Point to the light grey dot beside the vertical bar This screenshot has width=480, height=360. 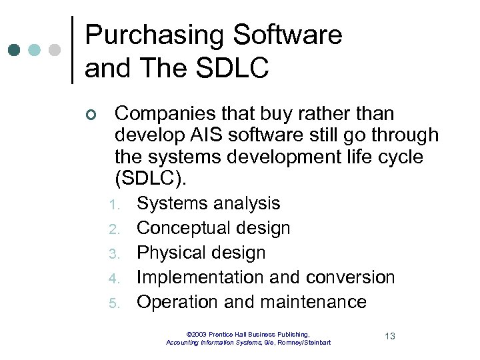(x=55, y=50)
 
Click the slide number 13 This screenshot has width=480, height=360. (x=389, y=336)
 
